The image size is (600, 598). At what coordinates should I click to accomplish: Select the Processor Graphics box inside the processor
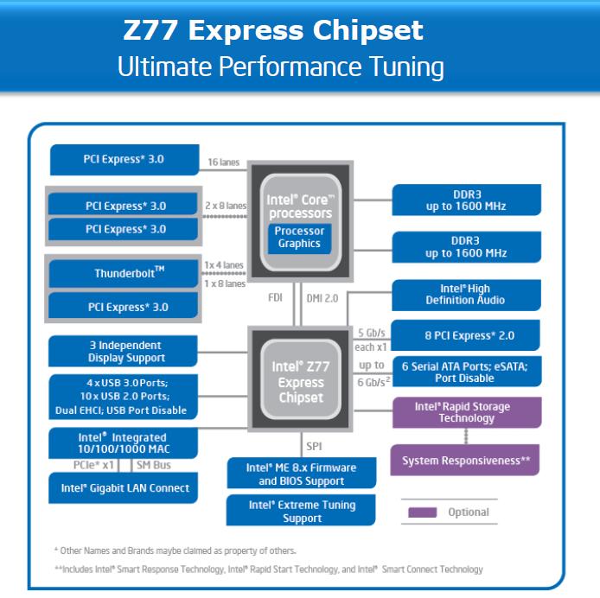click(299, 237)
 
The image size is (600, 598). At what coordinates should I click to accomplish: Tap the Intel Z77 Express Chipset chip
click(300, 382)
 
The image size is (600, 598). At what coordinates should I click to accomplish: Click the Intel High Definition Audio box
click(465, 295)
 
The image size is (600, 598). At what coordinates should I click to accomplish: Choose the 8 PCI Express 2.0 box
click(465, 335)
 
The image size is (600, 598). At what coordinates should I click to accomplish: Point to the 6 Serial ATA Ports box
click(465, 372)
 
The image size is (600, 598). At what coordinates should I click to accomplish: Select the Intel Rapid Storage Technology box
click(465, 412)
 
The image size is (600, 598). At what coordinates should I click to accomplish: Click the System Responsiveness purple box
click(465, 460)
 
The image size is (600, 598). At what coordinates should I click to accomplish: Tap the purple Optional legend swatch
click(422, 512)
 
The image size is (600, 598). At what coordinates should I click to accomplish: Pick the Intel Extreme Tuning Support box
click(302, 511)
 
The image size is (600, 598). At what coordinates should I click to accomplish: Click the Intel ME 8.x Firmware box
click(301, 474)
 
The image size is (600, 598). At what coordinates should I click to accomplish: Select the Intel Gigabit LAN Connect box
click(124, 488)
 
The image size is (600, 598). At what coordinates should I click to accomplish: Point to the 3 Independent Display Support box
click(125, 352)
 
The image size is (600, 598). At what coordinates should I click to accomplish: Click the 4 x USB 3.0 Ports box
click(125, 397)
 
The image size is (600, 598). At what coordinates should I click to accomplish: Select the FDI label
click(275, 298)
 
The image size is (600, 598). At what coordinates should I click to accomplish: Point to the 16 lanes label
click(224, 162)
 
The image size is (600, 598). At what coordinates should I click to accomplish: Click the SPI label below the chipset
click(314, 446)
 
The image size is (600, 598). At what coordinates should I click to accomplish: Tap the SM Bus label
click(154, 465)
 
